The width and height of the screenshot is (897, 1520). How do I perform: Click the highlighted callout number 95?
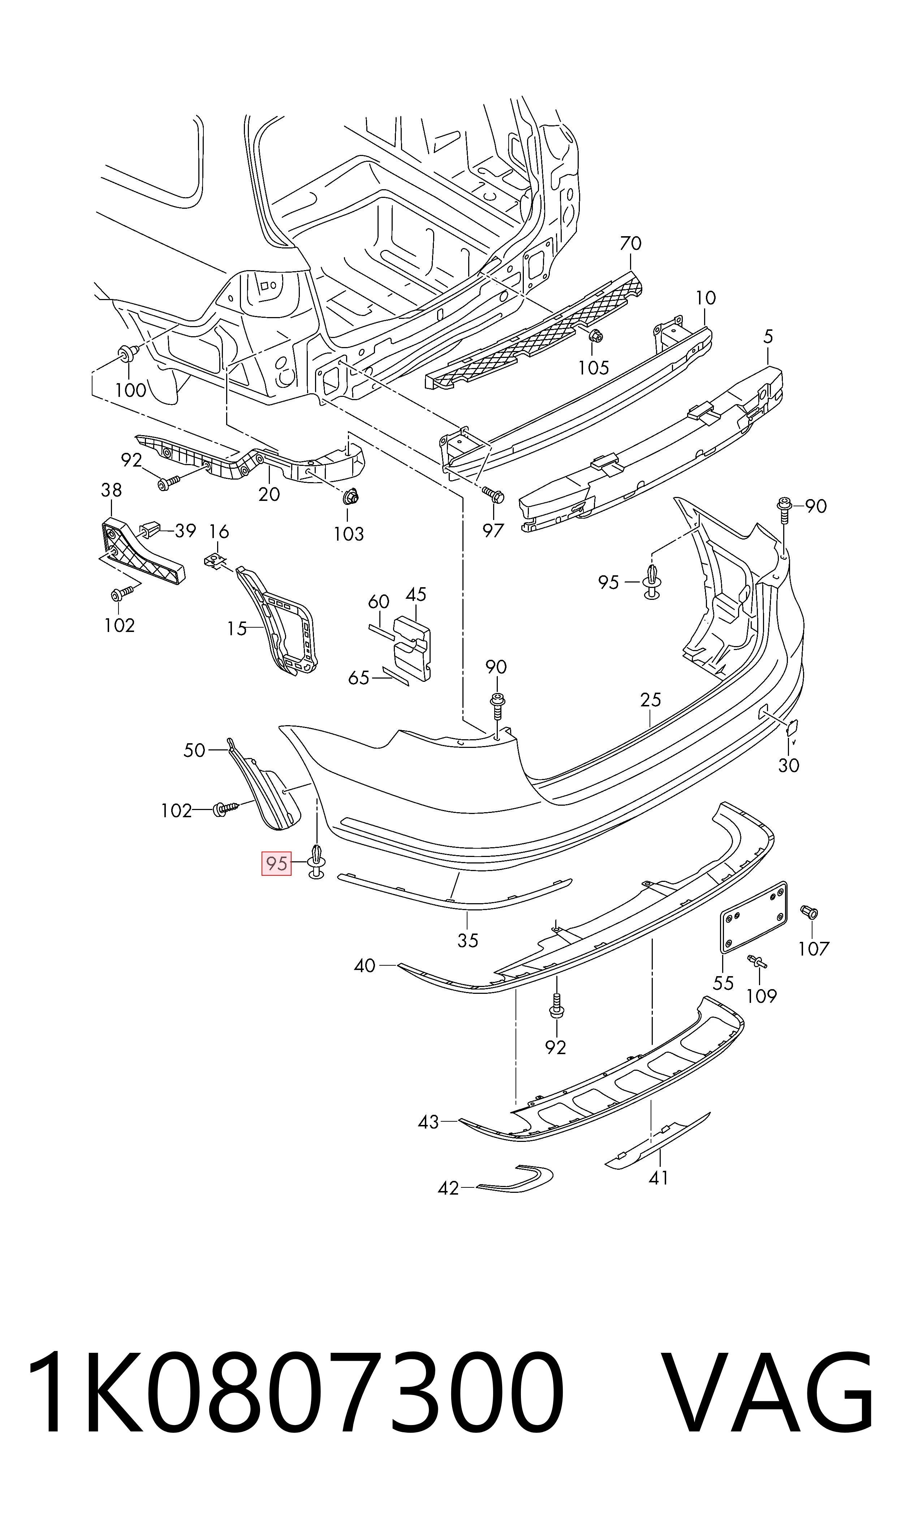276,863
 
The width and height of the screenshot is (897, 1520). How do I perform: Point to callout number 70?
630,243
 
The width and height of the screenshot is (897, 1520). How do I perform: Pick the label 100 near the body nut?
130,390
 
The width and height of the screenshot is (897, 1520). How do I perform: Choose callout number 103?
349,534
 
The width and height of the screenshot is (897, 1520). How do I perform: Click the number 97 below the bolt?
493,531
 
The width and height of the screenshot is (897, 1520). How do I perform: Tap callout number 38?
111,490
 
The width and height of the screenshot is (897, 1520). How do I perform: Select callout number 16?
219,532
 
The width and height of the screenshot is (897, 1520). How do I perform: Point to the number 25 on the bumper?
650,700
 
